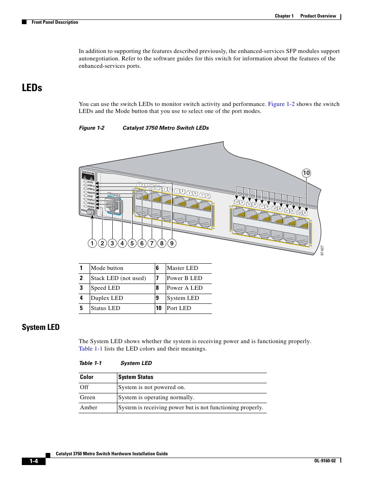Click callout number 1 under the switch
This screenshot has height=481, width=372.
pyautogui.click(x=92, y=243)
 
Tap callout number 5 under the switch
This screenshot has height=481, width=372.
pyautogui.click(x=132, y=243)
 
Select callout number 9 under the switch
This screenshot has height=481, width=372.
pyautogui.click(x=172, y=243)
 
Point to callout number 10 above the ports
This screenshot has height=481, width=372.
pyautogui.click(x=306, y=173)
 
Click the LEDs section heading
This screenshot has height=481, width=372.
pyautogui.click(x=32, y=88)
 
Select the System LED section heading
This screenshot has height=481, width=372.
pyautogui.click(x=41, y=327)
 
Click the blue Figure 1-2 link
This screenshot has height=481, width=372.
pyautogui.click(x=281, y=104)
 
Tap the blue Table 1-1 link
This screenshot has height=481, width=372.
pyautogui.click(x=90, y=349)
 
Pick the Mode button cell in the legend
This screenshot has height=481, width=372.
pyautogui.click(x=107, y=268)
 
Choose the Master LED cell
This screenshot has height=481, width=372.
pyautogui.click(x=182, y=268)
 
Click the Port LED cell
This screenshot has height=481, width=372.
pyautogui.click(x=179, y=308)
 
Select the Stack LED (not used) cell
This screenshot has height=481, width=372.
pyautogui.click(x=118, y=278)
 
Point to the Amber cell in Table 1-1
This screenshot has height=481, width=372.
pyautogui.click(x=89, y=407)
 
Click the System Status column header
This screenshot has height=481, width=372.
pyautogui.click(x=136, y=377)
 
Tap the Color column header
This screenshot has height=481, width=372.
pyautogui.click(x=87, y=377)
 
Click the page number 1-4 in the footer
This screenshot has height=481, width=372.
pyautogui.click(x=34, y=461)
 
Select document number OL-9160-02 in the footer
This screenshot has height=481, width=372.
pyautogui.click(x=325, y=461)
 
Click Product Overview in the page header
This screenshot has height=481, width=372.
pyautogui.click(x=318, y=16)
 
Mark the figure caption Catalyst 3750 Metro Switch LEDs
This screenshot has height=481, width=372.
pyautogui.click(x=166, y=128)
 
